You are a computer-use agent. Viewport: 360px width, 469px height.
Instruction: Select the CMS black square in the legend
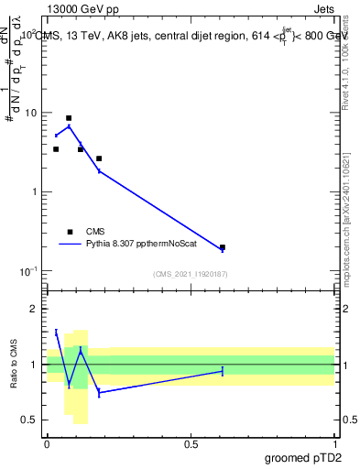pos(70,232)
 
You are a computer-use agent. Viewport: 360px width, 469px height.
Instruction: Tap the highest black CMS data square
pos(69,118)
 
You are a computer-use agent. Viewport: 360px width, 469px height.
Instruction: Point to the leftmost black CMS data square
pos(56,149)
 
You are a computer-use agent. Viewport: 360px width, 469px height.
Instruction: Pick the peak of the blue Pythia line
pos(69,126)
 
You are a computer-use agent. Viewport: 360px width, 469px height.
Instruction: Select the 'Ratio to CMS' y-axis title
pos(14,365)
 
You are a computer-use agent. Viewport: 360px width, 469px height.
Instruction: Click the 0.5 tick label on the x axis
pos(191,443)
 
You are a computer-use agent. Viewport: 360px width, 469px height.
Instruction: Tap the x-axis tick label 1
pos(335,443)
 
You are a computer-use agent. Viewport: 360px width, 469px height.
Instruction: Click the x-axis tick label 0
pos(47,443)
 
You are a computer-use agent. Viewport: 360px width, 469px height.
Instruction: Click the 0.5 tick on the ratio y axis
pos(30,420)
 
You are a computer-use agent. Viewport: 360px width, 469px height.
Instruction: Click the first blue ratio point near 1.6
pos(56,332)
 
